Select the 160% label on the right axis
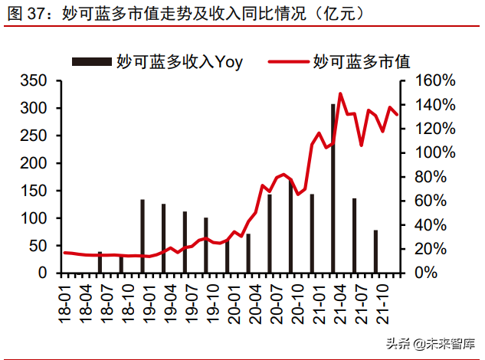[435, 81]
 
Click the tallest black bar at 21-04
[333, 188]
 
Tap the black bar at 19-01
[143, 236]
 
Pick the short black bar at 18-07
[100, 262]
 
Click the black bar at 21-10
[375, 251]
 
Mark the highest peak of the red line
[340, 93]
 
